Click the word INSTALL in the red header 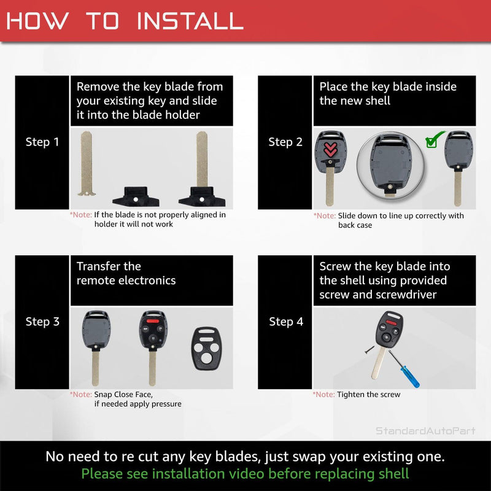point(190,21)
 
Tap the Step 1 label point(42,142)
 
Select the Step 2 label point(285,142)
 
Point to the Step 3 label point(42,322)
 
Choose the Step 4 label point(286,322)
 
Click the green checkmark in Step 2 point(435,139)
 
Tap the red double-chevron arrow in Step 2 point(330,149)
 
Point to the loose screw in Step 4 point(369,350)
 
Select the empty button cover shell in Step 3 point(206,349)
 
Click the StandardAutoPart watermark point(425,431)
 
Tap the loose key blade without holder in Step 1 point(87,163)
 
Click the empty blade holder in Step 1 point(136,196)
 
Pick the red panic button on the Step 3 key point(153,320)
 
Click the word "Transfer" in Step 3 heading point(98,266)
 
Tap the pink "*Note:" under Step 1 point(81,215)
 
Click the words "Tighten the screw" point(369,395)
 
